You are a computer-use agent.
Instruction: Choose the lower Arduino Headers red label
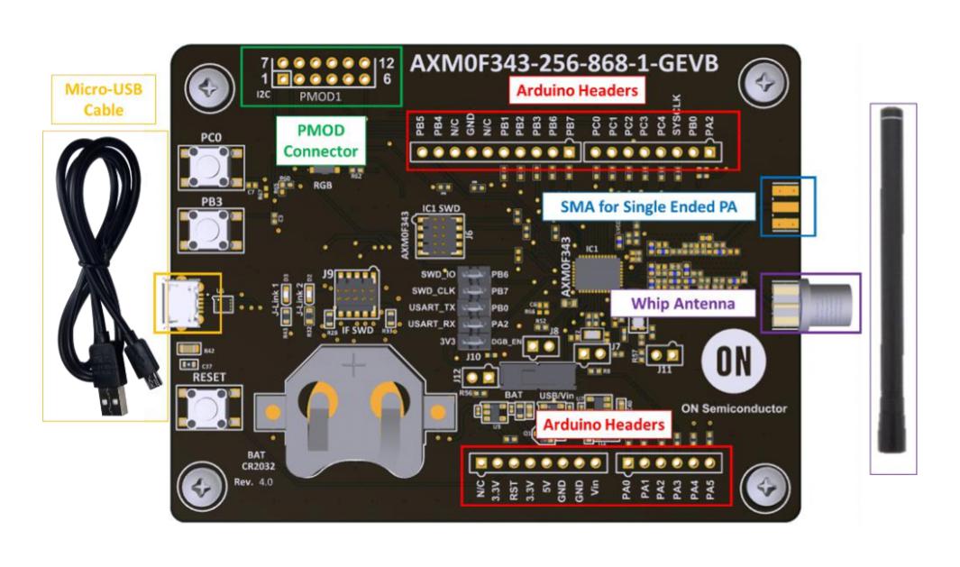[601, 423]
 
